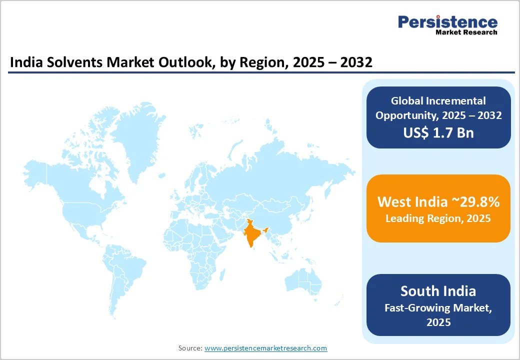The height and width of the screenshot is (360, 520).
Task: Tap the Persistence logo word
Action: pyautogui.click(x=447, y=21)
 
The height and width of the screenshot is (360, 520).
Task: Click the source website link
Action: pyautogui.click(x=265, y=348)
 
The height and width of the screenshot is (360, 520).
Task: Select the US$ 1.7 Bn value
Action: pyautogui.click(x=438, y=132)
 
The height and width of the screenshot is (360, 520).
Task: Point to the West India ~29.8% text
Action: pyautogui.click(x=438, y=201)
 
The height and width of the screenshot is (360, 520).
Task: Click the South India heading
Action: pyautogui.click(x=438, y=291)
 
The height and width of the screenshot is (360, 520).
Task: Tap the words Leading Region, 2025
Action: pyautogui.click(x=438, y=218)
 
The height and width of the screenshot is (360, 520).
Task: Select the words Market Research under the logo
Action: pyautogui.click(x=466, y=32)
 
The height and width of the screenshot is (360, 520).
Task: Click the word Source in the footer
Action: pyautogui.click(x=189, y=348)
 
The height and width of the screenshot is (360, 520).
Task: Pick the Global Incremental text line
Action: pyautogui.click(x=438, y=101)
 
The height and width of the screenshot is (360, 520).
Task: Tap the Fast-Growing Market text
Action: pyautogui.click(x=438, y=308)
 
